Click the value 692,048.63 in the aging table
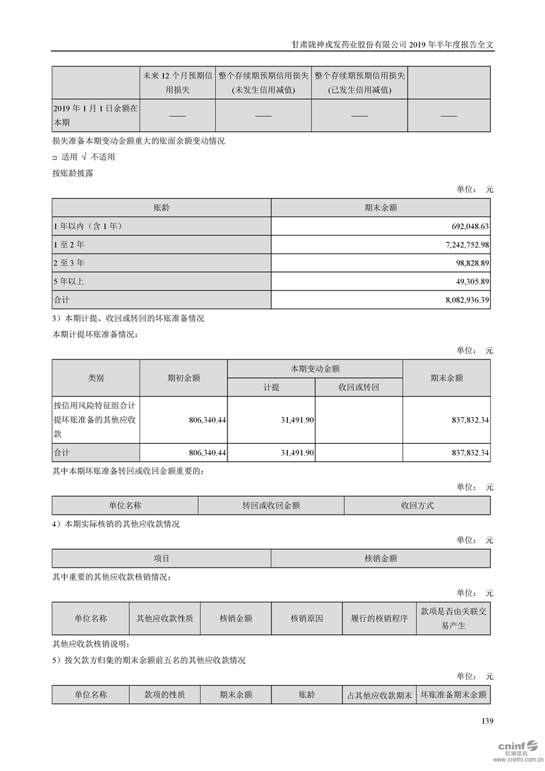[x=465, y=225]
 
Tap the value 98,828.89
[x=469, y=262]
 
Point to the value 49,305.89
[x=469, y=281]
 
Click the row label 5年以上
[x=69, y=281]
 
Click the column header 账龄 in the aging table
[x=162, y=207]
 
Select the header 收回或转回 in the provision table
[x=359, y=387]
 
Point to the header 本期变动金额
[x=315, y=368]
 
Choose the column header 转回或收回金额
[x=271, y=505]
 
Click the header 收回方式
[x=417, y=505]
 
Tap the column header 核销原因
[x=307, y=618]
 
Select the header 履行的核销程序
[x=379, y=618]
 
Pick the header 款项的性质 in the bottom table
[x=164, y=695]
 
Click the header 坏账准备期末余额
[x=454, y=695]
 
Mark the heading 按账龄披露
[x=73, y=173]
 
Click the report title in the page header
[x=392, y=43]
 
